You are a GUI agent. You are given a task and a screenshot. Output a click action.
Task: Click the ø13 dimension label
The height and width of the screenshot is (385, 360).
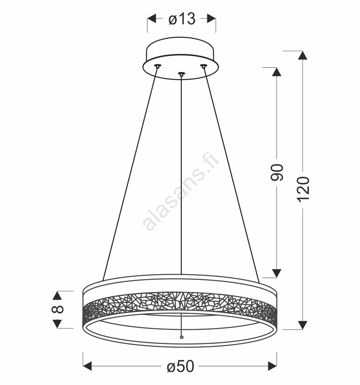(182, 19)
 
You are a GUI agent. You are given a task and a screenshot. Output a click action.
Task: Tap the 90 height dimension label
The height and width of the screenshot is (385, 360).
(277, 173)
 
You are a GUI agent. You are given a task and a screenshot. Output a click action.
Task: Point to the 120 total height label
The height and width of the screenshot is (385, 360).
(303, 189)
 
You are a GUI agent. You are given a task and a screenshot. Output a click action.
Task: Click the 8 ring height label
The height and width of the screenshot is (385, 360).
(57, 309)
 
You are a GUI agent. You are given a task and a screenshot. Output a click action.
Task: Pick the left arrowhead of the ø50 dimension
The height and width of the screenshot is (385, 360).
(87, 366)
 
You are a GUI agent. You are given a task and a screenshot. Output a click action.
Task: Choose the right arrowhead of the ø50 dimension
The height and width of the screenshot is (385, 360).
(272, 366)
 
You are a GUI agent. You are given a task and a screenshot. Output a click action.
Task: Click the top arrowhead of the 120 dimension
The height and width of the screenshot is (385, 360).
(303, 55)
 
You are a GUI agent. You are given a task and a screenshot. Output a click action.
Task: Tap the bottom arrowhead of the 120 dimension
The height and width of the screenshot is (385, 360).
(303, 325)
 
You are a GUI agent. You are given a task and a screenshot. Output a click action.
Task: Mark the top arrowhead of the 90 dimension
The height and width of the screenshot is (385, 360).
(277, 72)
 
